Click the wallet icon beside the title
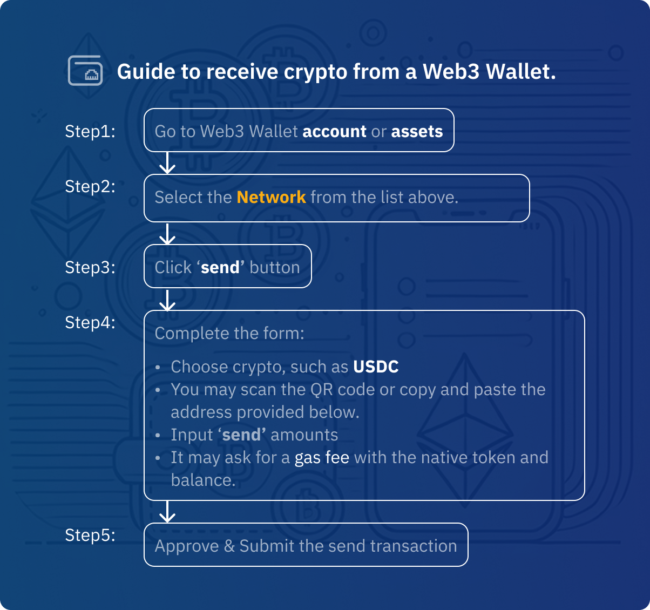pyautogui.click(x=85, y=71)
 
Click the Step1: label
pyautogui.click(x=90, y=131)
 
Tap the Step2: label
pyautogui.click(x=90, y=186)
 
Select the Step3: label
pyautogui.click(x=90, y=267)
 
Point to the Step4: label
pyautogui.click(x=90, y=322)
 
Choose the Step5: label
pyautogui.click(x=90, y=535)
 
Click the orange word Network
pyautogui.click(x=271, y=197)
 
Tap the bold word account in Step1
pyautogui.click(x=334, y=131)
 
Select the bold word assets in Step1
pyautogui.click(x=417, y=131)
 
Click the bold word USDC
pyautogui.click(x=376, y=367)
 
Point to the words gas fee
pyautogui.click(x=322, y=457)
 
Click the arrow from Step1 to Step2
pyautogui.click(x=168, y=162)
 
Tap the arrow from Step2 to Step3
pyautogui.click(x=168, y=234)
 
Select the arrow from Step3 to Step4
pyautogui.click(x=168, y=300)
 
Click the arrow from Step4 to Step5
pyautogui.click(x=168, y=512)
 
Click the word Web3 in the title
pyautogui.click(x=451, y=71)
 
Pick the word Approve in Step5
pyautogui.click(x=186, y=546)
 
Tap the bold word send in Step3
pyautogui.click(x=220, y=267)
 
